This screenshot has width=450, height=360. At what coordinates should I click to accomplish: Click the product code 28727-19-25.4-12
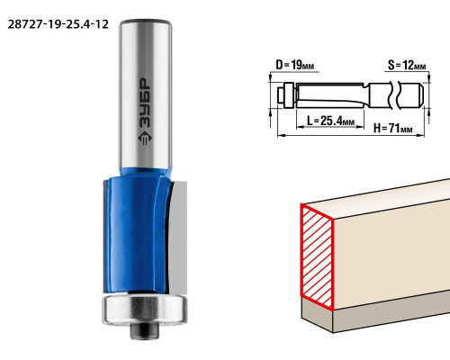(58, 24)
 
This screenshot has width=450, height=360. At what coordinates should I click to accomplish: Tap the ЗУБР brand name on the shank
(146, 103)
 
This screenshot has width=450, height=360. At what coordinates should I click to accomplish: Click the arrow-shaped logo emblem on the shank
(145, 139)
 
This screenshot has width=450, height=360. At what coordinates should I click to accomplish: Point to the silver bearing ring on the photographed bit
(145, 310)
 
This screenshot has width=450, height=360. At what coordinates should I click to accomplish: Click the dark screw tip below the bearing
(144, 331)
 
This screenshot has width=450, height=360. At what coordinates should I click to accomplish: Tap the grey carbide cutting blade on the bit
(178, 237)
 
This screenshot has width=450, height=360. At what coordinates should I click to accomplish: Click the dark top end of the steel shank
(145, 22)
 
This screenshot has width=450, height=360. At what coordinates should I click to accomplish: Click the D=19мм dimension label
(295, 65)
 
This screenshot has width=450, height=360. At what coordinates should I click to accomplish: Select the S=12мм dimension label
(407, 65)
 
